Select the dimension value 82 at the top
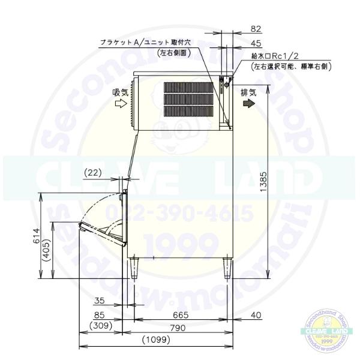[256, 28]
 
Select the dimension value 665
[181, 314]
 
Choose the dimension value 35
[100, 302]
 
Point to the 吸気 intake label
[120, 92]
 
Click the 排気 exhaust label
[249, 92]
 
